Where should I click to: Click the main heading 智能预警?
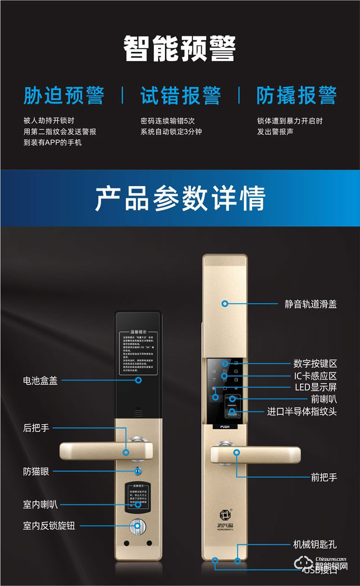(x=180, y=49)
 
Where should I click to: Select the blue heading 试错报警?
(x=180, y=95)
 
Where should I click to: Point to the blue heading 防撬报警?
(x=297, y=95)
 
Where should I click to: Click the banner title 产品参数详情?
(x=180, y=198)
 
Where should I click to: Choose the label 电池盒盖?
(x=40, y=380)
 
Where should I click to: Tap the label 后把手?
(x=36, y=428)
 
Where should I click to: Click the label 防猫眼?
(x=36, y=472)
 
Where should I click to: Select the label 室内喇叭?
(x=40, y=504)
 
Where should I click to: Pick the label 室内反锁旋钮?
(x=49, y=525)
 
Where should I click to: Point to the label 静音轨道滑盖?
(x=310, y=304)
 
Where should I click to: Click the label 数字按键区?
(x=315, y=364)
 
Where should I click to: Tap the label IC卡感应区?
(x=315, y=376)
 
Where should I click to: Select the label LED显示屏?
(x=316, y=387)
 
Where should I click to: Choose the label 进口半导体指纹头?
(x=302, y=412)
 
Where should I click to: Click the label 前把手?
(x=324, y=477)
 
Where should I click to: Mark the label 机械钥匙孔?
(x=315, y=545)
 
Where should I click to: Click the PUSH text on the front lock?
(x=225, y=426)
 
